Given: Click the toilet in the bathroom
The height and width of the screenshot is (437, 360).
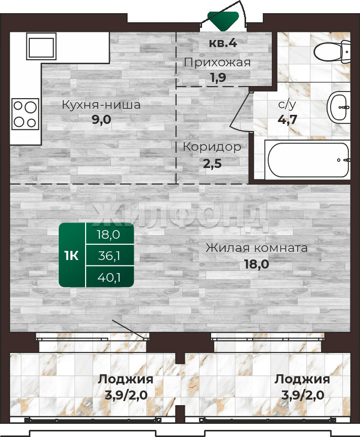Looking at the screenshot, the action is [x=332, y=52].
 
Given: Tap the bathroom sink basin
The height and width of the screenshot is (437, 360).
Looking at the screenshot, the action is [x=339, y=108].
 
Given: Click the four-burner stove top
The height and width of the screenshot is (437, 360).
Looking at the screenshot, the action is [x=25, y=114].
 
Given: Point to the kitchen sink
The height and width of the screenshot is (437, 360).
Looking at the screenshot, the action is [x=42, y=46].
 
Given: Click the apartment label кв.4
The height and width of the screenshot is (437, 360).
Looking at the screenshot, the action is [x=223, y=43].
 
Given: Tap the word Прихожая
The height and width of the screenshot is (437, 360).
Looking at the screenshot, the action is [x=217, y=63].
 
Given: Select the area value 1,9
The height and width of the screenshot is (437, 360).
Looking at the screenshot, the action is [x=218, y=78].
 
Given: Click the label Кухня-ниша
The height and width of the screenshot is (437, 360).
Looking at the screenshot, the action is [x=101, y=105].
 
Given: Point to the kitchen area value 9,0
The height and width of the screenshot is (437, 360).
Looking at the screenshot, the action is [x=102, y=119].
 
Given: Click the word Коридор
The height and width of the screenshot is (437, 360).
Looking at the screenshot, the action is [x=212, y=147].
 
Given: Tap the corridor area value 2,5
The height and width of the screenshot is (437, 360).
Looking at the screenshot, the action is [x=212, y=164].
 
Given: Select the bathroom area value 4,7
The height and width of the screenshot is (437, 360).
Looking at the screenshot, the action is [x=287, y=120].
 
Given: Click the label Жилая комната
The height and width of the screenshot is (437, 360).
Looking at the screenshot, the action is [x=257, y=248].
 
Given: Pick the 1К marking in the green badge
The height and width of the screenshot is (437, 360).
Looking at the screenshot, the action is [x=71, y=255].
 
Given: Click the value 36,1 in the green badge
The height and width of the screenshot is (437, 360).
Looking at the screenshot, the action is [x=109, y=256].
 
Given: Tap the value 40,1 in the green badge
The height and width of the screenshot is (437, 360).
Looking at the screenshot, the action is [x=109, y=277].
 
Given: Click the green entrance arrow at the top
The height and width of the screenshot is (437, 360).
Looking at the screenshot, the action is [x=223, y=21].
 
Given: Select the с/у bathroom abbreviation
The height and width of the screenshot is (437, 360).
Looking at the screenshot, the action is [x=287, y=105].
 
